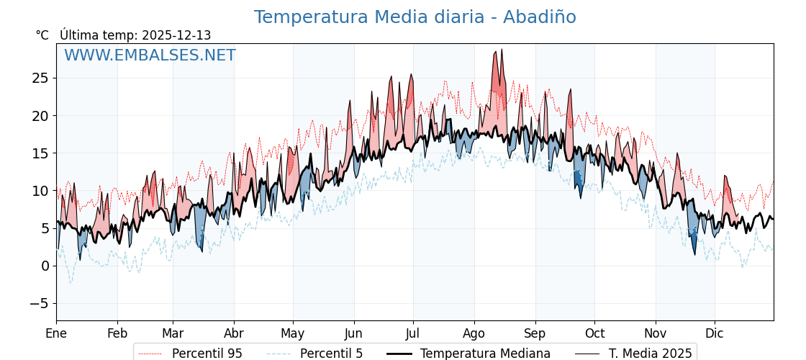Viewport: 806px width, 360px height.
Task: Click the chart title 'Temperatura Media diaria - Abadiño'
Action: (415, 17)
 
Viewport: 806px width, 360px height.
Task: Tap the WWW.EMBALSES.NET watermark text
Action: (150, 55)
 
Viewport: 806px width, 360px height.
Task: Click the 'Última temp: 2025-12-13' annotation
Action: (135, 35)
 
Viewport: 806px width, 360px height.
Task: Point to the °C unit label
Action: (42, 35)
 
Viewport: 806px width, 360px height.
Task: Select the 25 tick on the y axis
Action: (40, 78)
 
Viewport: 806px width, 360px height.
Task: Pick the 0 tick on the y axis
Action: (45, 266)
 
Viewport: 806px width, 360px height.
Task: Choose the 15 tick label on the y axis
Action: (40, 153)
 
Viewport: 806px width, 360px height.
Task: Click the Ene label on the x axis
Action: (56, 333)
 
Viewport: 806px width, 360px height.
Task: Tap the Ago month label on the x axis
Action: (474, 333)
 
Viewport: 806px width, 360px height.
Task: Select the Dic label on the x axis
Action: (715, 333)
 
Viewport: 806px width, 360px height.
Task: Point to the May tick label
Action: (293, 333)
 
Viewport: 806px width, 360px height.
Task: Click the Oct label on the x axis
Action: (594, 333)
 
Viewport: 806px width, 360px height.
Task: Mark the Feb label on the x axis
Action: (117, 333)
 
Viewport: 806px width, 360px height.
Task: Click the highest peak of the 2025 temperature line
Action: (502, 50)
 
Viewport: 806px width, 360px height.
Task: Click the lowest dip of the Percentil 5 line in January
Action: (71, 282)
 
